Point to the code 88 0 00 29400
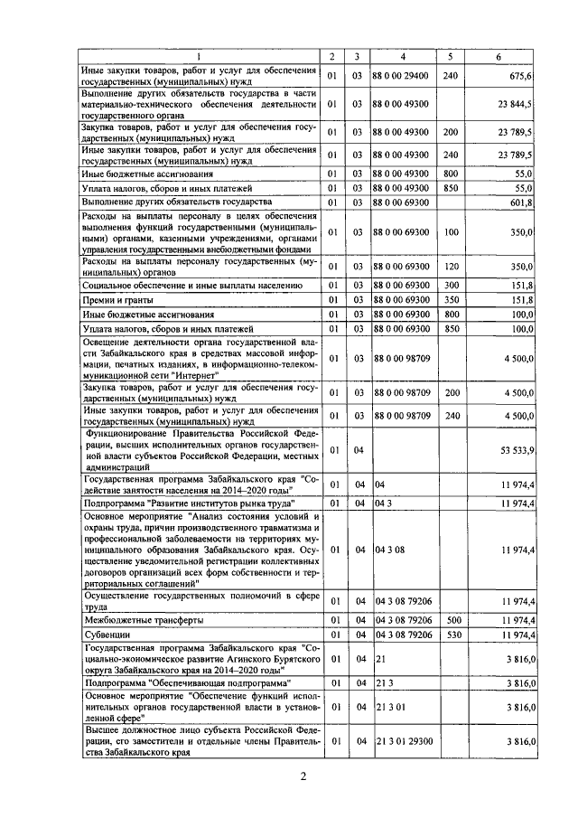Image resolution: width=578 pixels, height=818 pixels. point(400,76)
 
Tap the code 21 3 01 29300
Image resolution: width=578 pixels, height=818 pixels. point(403,741)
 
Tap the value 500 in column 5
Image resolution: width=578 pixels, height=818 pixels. point(452,621)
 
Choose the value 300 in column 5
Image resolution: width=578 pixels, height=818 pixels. point(452,285)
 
